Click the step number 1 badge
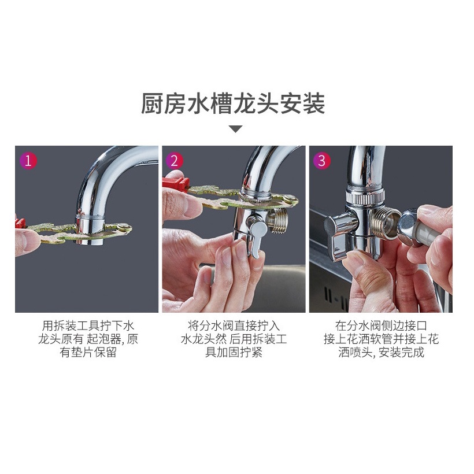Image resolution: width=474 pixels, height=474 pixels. [x=28, y=161]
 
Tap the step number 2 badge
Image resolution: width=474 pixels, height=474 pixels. [x=174, y=161]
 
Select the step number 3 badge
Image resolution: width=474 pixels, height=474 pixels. [x=321, y=161]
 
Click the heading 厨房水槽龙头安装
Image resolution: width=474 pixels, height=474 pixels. [x=233, y=103]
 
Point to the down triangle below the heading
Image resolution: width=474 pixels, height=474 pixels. [x=235, y=129]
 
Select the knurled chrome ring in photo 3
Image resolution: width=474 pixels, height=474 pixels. [x=366, y=197]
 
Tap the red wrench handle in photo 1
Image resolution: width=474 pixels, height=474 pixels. [x=20, y=224]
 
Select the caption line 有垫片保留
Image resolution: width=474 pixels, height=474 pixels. [x=88, y=352]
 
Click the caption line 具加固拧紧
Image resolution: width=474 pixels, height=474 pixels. [x=234, y=352]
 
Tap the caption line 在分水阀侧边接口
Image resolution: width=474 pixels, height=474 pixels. [x=381, y=325]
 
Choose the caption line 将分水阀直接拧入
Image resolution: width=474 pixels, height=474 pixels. [x=234, y=325]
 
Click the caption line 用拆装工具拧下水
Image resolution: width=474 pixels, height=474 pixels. [x=88, y=325]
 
